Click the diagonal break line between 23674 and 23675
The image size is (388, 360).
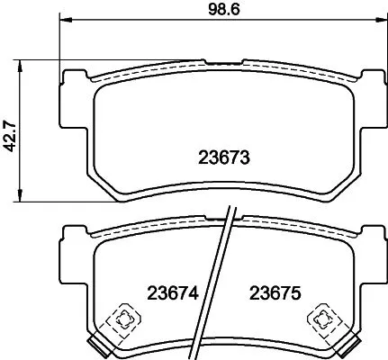point(222,288)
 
